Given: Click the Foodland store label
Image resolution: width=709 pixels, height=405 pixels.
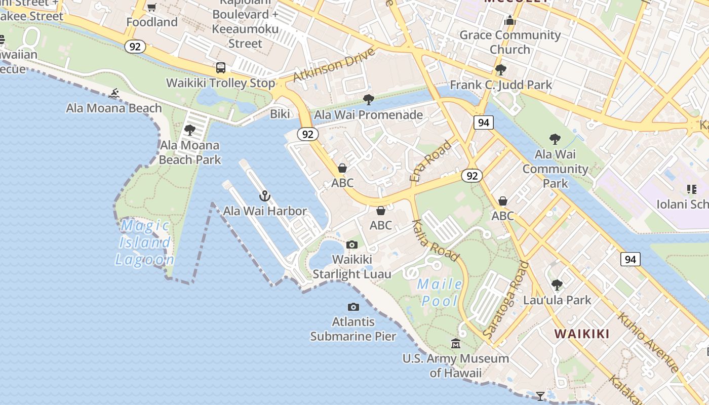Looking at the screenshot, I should coord(152,22).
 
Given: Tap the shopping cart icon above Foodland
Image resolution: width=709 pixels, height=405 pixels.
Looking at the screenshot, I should coord(151,7).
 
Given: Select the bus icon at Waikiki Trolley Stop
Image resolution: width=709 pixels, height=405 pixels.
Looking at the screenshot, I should coord(221,68).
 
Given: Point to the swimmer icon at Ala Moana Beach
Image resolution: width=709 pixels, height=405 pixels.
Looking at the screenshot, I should coord(114,93).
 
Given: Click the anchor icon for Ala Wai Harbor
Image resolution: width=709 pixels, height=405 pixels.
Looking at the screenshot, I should coord(264,196).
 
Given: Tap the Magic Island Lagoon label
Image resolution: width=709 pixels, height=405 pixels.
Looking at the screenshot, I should coord(144,242).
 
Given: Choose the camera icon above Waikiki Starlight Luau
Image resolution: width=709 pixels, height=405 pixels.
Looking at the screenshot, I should coord(352,245).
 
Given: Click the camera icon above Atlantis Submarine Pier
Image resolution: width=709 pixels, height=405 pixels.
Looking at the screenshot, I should coord(353,307).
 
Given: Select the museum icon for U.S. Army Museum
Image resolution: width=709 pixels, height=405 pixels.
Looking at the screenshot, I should coord(456,343).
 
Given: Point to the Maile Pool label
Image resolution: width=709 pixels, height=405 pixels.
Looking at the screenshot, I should coord(440,292).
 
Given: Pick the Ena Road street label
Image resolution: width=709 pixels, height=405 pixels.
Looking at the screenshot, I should coord(430,161).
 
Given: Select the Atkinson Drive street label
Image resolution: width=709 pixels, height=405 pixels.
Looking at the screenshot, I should coord(334,65).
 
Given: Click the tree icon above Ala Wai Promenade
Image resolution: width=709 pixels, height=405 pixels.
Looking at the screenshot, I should coord(369,100).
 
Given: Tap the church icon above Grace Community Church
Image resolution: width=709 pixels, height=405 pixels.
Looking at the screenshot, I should coord(510,20).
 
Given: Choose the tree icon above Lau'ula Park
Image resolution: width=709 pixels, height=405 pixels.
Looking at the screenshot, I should coord(557,285).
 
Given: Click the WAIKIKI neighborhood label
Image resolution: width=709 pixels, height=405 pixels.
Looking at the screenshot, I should coord(581,334).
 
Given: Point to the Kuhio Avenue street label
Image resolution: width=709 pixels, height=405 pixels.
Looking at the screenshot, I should coord(648,342).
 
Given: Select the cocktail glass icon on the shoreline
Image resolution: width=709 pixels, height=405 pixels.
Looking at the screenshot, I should coord(540,395).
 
